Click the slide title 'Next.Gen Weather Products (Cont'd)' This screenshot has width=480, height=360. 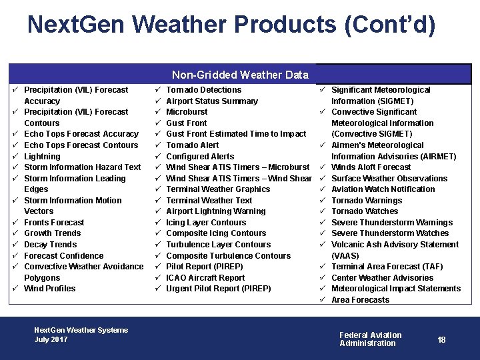231,25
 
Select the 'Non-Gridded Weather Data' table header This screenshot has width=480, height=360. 240,75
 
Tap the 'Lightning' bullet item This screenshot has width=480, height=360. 42,156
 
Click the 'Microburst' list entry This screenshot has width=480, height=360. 187,112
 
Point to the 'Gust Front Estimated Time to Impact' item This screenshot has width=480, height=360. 236,134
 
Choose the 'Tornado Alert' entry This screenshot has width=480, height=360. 192,145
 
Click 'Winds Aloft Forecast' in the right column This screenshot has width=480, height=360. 371,167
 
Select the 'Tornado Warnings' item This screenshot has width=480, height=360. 366,200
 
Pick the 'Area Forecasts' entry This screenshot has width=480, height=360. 360,300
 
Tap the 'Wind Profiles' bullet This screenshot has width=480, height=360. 49,289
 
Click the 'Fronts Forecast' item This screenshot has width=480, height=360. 54,223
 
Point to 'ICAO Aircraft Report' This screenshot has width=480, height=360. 205,278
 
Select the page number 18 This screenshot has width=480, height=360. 441,340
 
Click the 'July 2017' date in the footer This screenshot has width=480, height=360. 51,339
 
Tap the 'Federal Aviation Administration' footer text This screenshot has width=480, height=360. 370,339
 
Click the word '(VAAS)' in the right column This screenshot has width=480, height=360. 345,256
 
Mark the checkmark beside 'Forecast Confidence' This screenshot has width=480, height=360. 14,255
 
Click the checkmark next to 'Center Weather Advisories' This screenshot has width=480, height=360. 321,277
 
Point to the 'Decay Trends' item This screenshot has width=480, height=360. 50,245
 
